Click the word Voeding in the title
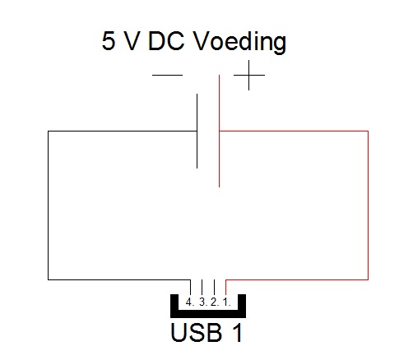coord(240,42)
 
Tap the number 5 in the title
coord(109,40)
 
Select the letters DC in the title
coord(166,40)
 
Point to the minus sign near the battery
coord(167,75)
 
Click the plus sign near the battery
coord(249,75)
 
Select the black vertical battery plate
coord(197,131)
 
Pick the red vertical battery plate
coord(219,131)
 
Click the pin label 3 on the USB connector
coord(203,302)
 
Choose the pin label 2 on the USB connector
coord(215,302)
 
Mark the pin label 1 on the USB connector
coord(226,302)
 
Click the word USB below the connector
coord(196,332)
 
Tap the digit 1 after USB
coord(238,332)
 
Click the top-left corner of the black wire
coord(49,132)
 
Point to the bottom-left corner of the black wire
coord(49,279)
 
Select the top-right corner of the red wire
coord(368,132)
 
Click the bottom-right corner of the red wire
coord(368,279)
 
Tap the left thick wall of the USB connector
coord(174,306)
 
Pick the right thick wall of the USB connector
coord(242,306)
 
